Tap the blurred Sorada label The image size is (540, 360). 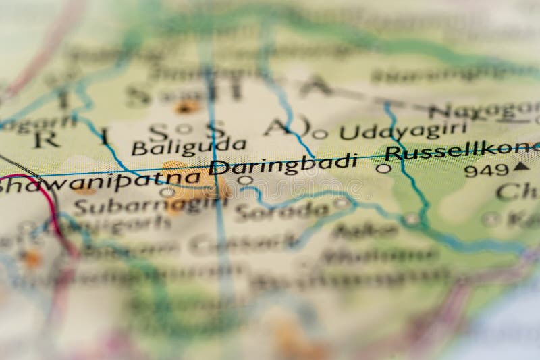tap(281, 211)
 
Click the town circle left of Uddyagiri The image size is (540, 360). tap(320, 134)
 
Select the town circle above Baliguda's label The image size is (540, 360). tap(183, 128)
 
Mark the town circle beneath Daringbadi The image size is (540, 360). tap(246, 180)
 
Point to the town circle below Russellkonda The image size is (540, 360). tap(383, 169)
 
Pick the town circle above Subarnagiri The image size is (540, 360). tap(167, 192)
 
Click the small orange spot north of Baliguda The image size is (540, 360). tap(184, 107)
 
